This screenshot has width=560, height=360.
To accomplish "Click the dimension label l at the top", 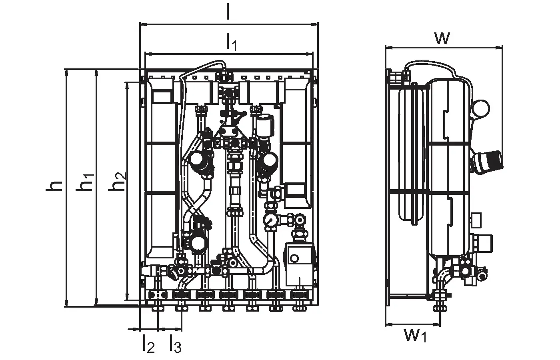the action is [x=228, y=11].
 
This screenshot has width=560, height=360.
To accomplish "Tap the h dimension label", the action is [x=54, y=186].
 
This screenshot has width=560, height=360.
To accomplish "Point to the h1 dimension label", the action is [x=85, y=182].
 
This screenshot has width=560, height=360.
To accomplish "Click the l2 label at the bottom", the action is [x=148, y=343].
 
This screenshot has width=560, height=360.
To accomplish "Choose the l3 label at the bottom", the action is [x=175, y=343].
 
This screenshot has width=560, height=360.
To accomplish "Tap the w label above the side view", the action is [x=442, y=38].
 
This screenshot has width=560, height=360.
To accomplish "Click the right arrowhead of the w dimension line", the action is [x=499, y=47].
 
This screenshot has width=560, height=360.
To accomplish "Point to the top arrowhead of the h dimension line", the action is [x=66, y=73].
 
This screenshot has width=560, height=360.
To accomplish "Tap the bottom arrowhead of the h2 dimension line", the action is [x=128, y=296].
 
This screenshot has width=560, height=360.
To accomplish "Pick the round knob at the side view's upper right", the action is [x=482, y=108].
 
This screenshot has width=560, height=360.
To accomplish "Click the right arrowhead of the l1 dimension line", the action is [x=309, y=54].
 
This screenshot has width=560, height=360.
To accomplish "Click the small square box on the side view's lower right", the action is [x=476, y=220].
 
